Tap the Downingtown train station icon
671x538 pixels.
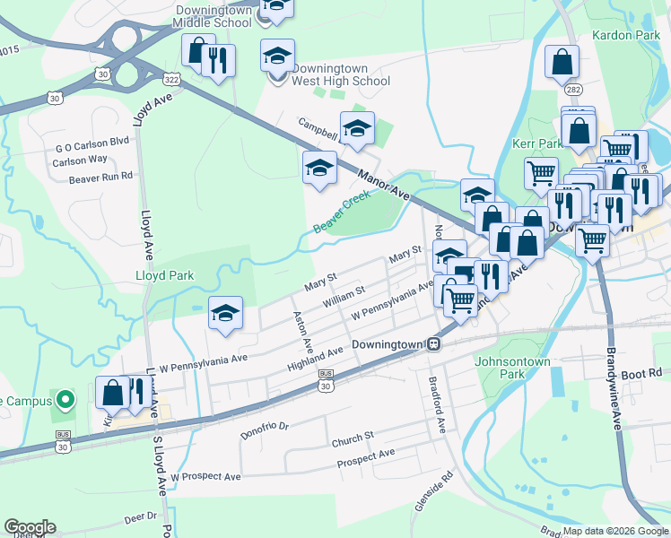(433, 343)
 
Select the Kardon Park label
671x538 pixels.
(625, 36)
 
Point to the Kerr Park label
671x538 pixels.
(536, 143)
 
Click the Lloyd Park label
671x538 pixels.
(163, 275)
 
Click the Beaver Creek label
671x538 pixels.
(342, 212)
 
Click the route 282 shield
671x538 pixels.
(571, 91)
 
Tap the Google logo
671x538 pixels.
(30, 527)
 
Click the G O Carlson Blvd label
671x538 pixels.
(92, 143)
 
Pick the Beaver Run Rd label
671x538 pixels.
(100, 178)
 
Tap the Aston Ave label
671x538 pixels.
(302, 332)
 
